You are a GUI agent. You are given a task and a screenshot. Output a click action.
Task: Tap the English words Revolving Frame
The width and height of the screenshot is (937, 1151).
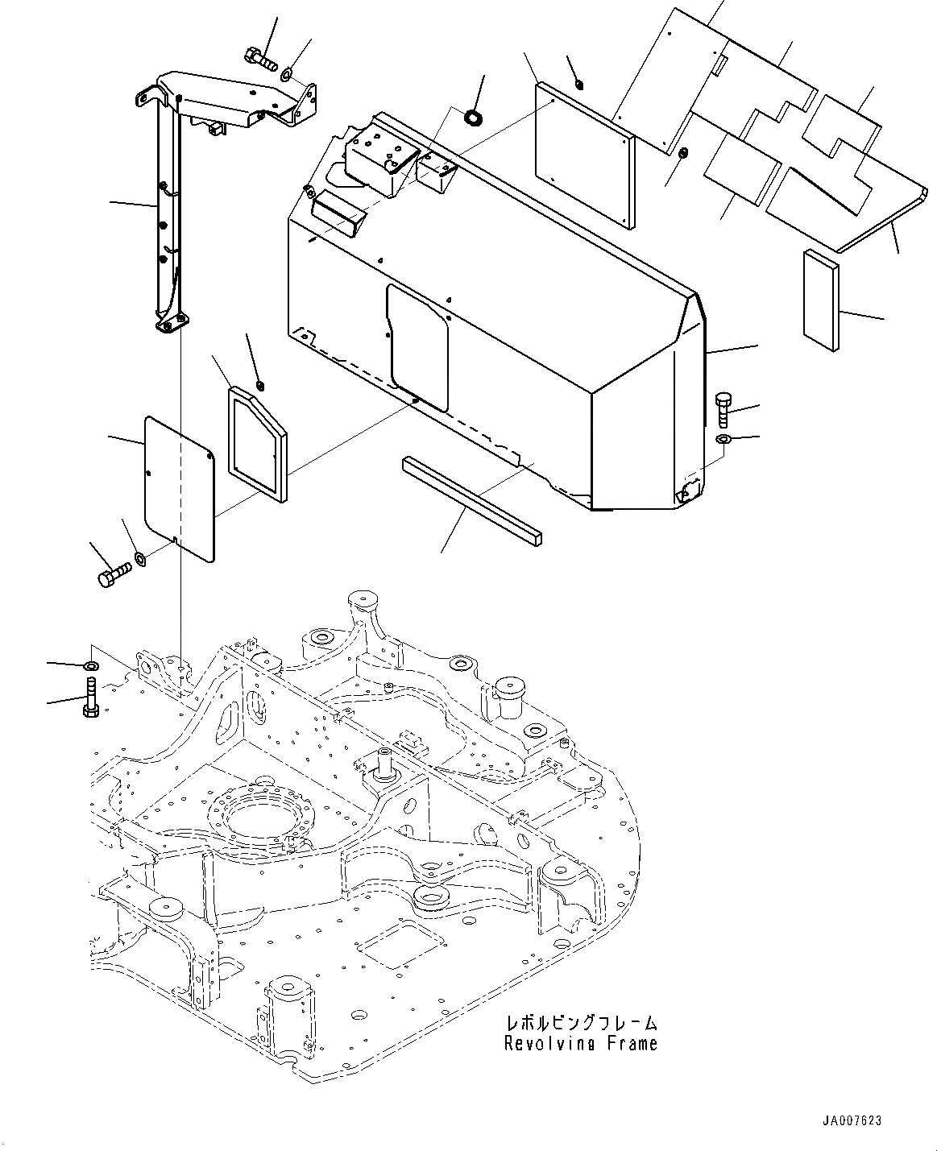(x=580, y=1043)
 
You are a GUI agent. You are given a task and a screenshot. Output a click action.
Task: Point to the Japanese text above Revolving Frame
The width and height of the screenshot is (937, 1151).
(x=581, y=1024)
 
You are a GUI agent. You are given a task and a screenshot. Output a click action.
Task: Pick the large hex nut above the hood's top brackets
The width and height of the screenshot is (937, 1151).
(x=474, y=119)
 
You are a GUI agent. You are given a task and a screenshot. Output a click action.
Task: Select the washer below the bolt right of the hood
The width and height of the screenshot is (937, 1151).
(x=723, y=439)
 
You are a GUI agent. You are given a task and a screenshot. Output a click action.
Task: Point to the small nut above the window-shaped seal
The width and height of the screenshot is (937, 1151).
(x=259, y=384)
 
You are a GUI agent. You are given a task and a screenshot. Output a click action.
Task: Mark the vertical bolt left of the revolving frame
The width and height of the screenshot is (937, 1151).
(x=90, y=698)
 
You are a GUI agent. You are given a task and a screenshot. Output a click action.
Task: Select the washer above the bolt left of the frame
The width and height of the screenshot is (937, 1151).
(x=90, y=666)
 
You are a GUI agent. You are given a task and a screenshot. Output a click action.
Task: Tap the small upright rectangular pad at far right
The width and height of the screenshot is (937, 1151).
(x=820, y=300)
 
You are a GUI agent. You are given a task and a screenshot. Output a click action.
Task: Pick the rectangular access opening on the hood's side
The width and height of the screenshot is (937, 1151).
(x=417, y=346)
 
